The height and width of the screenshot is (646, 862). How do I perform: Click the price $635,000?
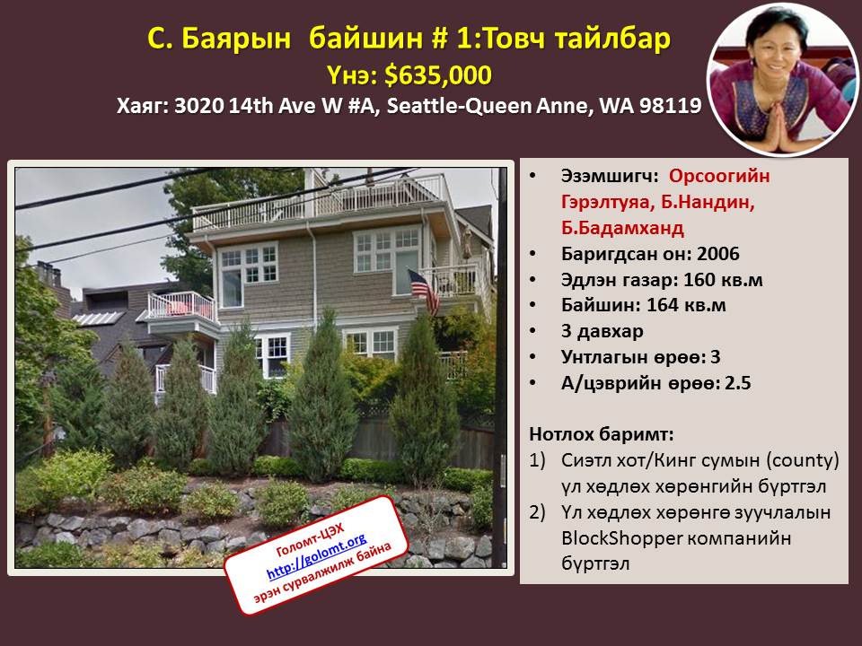coord(437,75)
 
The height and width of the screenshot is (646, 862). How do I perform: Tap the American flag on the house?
coord(424,291)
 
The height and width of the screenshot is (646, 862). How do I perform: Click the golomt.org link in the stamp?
coord(317,555)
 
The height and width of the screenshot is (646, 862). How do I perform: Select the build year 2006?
coord(718,254)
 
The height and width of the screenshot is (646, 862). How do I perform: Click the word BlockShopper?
coord(621,537)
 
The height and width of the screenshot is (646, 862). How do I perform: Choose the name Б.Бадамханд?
coord(622,228)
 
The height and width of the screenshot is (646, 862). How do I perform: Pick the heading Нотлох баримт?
coord(602,434)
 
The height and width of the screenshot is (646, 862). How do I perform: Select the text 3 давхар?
coord(602,331)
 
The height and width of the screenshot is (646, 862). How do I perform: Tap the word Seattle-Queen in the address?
coord(459,106)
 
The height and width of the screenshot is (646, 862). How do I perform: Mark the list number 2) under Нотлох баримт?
coord(537,512)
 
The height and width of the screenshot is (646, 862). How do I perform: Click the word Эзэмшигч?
coord(610,177)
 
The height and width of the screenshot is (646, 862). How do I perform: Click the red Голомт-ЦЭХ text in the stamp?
coord(310,540)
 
